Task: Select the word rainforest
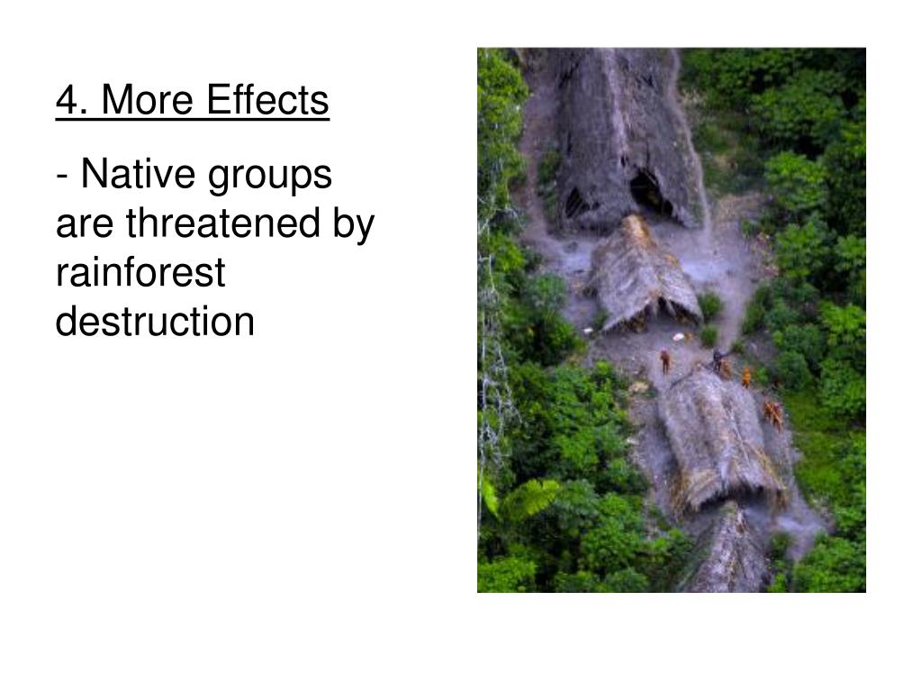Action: click(140, 272)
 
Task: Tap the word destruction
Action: click(155, 321)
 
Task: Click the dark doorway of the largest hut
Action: click(647, 191)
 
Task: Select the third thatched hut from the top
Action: click(717, 436)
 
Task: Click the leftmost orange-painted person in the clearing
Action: click(665, 360)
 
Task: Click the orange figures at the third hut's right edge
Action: click(773, 413)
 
